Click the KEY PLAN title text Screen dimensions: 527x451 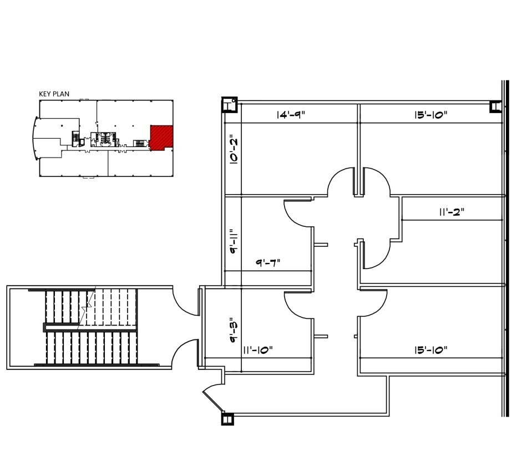tap(54, 94)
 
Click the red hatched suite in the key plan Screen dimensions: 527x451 tap(161, 137)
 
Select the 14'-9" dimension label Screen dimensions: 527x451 tap(291, 115)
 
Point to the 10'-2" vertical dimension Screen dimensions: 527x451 tap(234, 150)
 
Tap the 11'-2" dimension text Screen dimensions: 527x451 tap(452, 212)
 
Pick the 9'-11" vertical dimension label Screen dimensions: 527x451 tap(234, 241)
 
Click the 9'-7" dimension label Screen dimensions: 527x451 tap(268, 262)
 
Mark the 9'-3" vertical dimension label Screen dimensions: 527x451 tap(234, 330)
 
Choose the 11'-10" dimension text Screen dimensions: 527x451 tap(258, 350)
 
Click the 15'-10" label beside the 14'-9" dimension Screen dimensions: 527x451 tap(431, 115)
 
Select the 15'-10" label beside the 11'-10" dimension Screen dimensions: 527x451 tap(431, 350)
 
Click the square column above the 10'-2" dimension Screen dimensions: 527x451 tap(229, 104)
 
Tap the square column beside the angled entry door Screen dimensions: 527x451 tap(227, 419)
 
